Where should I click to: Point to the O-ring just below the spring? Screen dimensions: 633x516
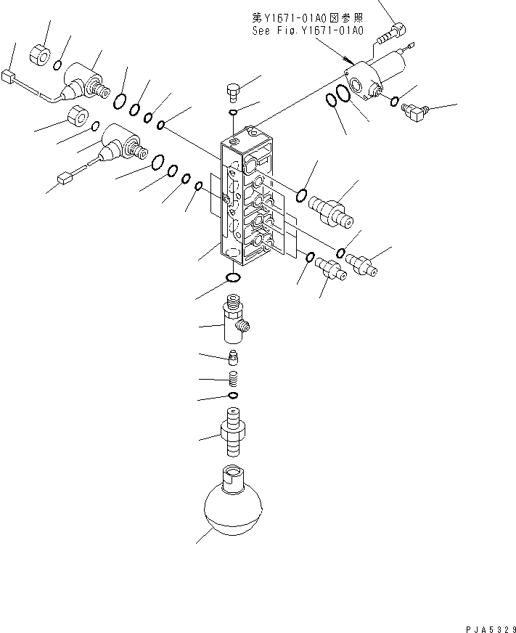tap(233, 395)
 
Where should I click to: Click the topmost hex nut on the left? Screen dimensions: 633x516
tap(39, 53)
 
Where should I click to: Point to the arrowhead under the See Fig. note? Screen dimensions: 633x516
tap(349, 60)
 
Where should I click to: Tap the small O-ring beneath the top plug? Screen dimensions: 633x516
tap(232, 112)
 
